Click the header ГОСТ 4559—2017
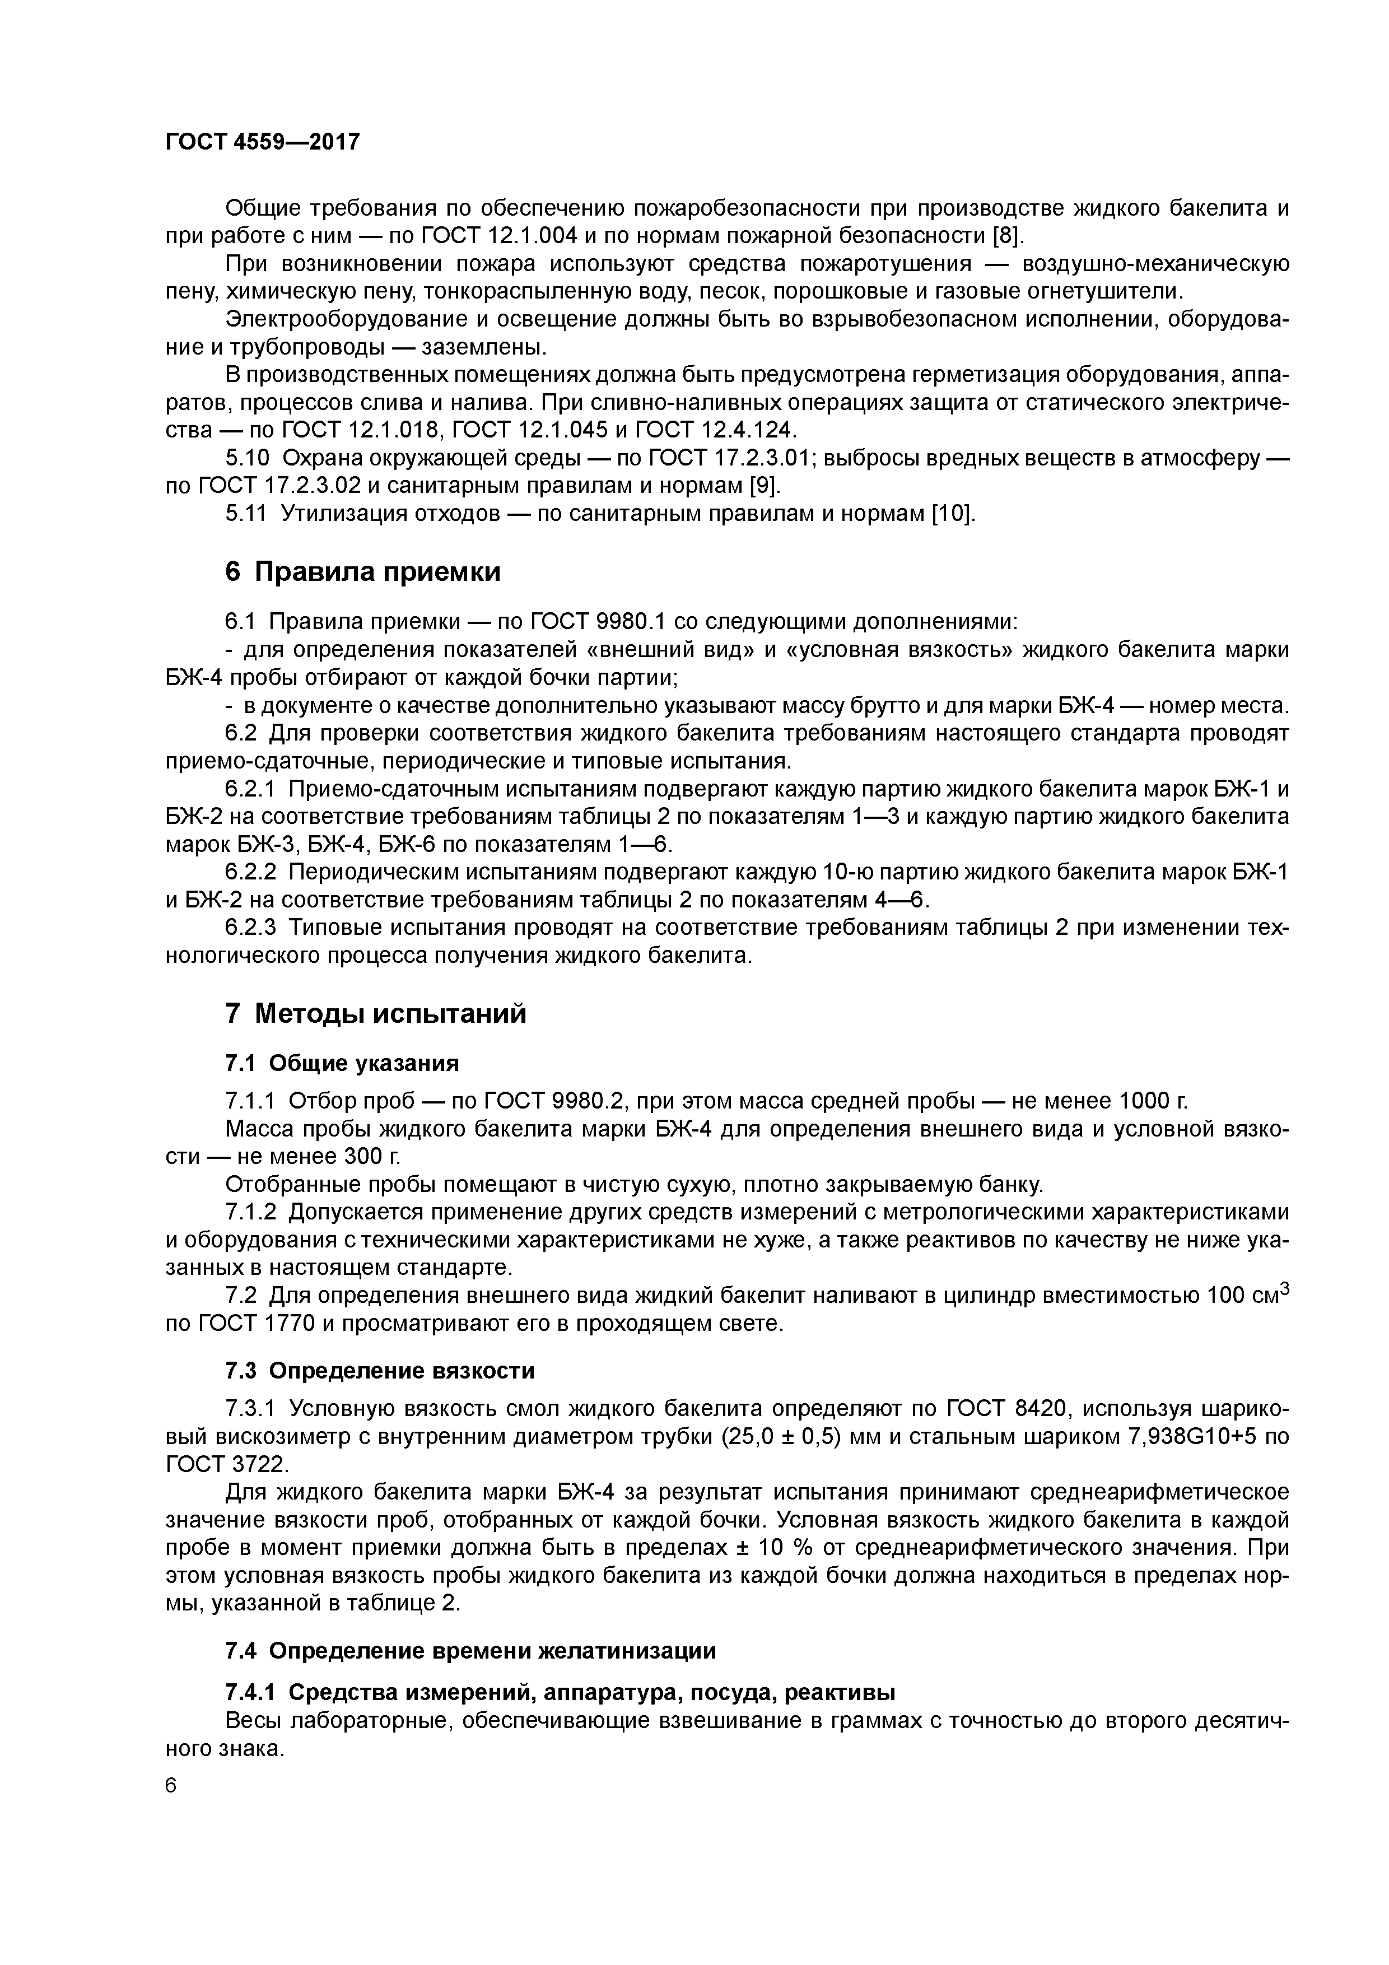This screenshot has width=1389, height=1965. (262, 142)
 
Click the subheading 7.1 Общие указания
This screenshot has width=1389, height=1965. (342, 1063)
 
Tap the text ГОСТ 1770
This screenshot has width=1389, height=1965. (222, 1324)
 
